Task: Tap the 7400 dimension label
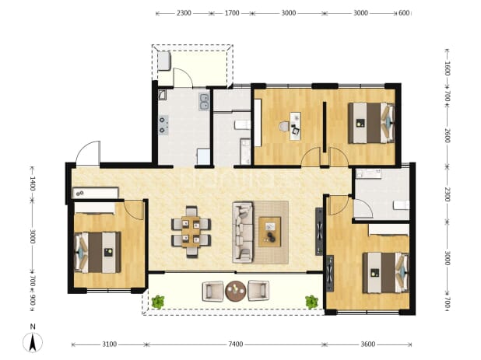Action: (236, 344)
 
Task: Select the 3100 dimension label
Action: (109, 344)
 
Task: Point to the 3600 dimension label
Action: (367, 344)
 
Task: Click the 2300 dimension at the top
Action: (184, 13)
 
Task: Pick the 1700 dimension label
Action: (232, 13)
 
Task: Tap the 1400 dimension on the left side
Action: (33, 183)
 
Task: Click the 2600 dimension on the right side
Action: (448, 135)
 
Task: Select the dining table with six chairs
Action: (191, 232)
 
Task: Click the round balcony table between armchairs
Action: (236, 291)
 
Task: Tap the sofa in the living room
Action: (243, 232)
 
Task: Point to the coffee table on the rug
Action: (269, 232)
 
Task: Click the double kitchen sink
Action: (204, 102)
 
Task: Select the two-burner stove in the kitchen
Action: (163, 125)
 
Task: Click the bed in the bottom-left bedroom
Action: (97, 252)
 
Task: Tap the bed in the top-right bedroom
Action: (371, 123)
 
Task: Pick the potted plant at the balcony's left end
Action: (158, 302)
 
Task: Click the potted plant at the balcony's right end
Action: (311, 302)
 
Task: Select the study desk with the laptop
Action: (295, 126)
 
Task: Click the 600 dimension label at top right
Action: (404, 13)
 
